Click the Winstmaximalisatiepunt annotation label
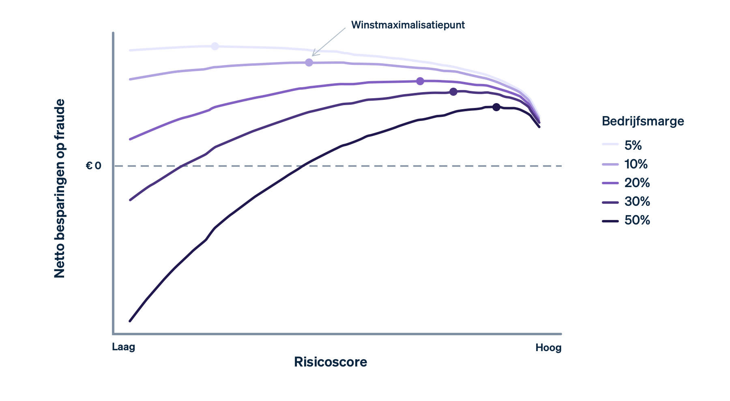tap(408, 25)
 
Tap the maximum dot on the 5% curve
tap(215, 46)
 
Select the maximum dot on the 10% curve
tap(309, 63)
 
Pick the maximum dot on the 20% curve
tap(420, 81)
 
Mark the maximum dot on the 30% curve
tap(453, 92)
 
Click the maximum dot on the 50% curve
tap(496, 107)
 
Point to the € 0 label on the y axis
tap(94, 166)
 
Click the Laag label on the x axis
tap(123, 347)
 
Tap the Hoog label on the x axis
tap(548, 348)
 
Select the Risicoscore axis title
tap(331, 362)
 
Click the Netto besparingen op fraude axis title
tap(60, 189)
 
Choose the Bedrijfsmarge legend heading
tap(643, 121)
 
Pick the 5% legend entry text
tap(633, 145)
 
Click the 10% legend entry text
tap(636, 164)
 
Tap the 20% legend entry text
tap(637, 183)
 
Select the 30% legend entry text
tap(637, 201)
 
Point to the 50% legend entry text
tap(637, 220)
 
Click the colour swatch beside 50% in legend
tap(610, 221)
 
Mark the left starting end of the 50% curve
tap(130, 321)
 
